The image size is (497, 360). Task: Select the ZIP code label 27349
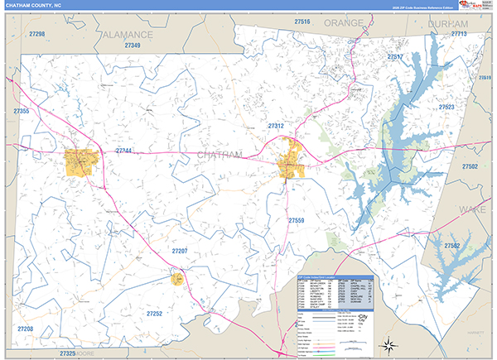point(133,45)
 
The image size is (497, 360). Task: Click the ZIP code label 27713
point(458,35)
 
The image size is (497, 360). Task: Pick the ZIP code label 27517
point(394,57)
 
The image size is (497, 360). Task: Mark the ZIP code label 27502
point(470,166)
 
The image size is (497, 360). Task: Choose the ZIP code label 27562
point(451,246)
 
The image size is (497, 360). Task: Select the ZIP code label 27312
point(276,126)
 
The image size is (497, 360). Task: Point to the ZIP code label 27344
point(123,151)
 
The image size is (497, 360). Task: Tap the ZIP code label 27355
point(22,111)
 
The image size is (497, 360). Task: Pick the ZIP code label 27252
point(154,314)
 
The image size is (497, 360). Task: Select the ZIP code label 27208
point(25,329)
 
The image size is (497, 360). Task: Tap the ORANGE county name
point(344,22)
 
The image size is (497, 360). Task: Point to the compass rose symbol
point(386,343)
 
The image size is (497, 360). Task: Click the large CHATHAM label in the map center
point(220,155)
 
